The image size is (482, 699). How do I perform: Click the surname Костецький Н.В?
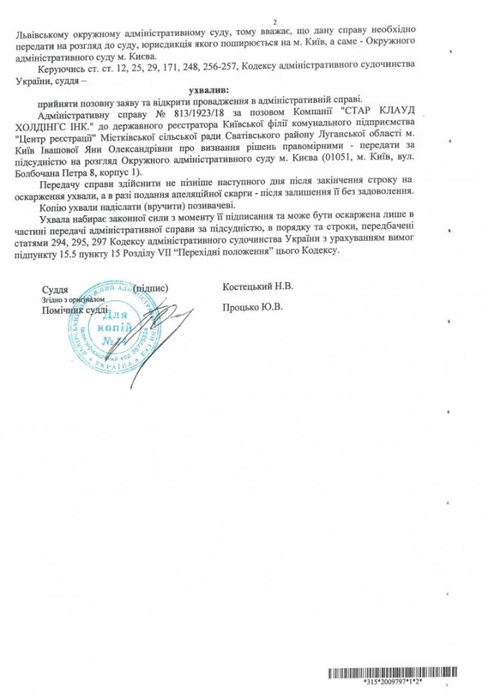258,287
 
